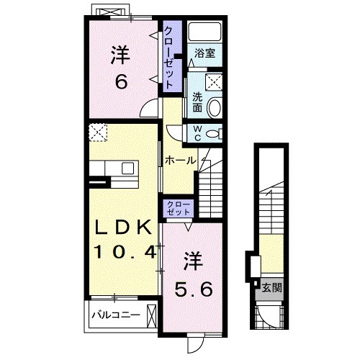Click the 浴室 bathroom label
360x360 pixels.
(204, 53)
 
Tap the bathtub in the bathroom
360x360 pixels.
(204, 32)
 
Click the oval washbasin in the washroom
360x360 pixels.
(214, 108)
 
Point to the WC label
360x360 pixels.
(197, 133)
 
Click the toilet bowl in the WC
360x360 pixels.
(215, 134)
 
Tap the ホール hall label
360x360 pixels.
(180, 161)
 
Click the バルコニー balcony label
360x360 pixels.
(116, 315)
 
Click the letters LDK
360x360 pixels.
(124, 228)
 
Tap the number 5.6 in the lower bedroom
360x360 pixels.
(194, 289)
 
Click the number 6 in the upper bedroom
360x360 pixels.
(121, 81)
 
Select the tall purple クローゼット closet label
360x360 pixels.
(169, 58)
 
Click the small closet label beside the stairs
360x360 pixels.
(179, 208)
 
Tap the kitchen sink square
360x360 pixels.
(127, 168)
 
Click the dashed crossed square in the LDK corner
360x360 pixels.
(98, 132)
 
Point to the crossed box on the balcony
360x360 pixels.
(152, 316)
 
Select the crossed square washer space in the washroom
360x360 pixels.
(214, 82)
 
